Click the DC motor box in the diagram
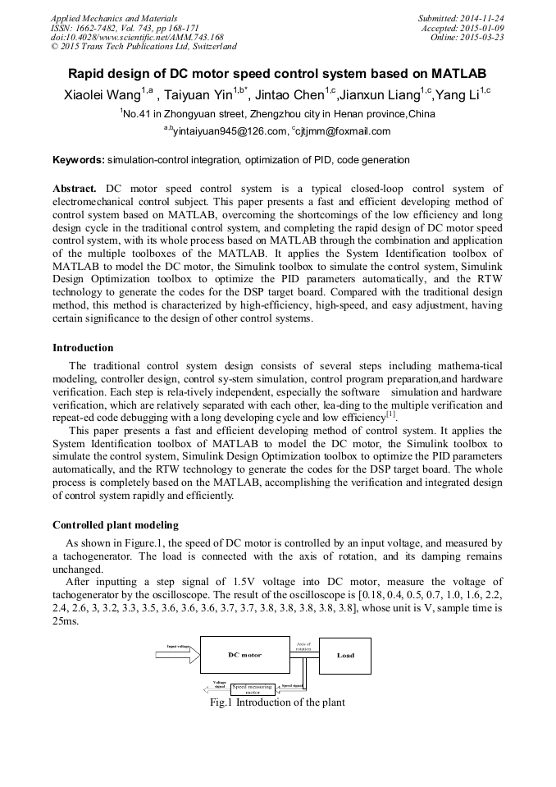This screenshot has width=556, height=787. pos(245,655)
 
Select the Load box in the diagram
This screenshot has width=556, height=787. pos(344,655)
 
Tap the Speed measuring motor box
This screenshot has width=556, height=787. pos(253,689)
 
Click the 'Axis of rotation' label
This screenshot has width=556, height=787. pos(303,647)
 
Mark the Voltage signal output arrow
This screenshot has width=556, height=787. pos(214,687)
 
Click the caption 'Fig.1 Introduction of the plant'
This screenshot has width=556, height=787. pos(277,702)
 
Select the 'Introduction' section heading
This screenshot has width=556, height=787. pos(83,348)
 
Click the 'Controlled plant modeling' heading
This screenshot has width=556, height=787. pos(116,525)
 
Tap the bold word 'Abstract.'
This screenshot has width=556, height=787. pos(75,189)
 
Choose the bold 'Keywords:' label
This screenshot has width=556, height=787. pos(78,159)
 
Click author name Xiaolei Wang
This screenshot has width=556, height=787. pos(102,95)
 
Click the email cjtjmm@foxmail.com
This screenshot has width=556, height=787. pos(344,131)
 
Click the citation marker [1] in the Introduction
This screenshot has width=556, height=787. pos(391,415)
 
